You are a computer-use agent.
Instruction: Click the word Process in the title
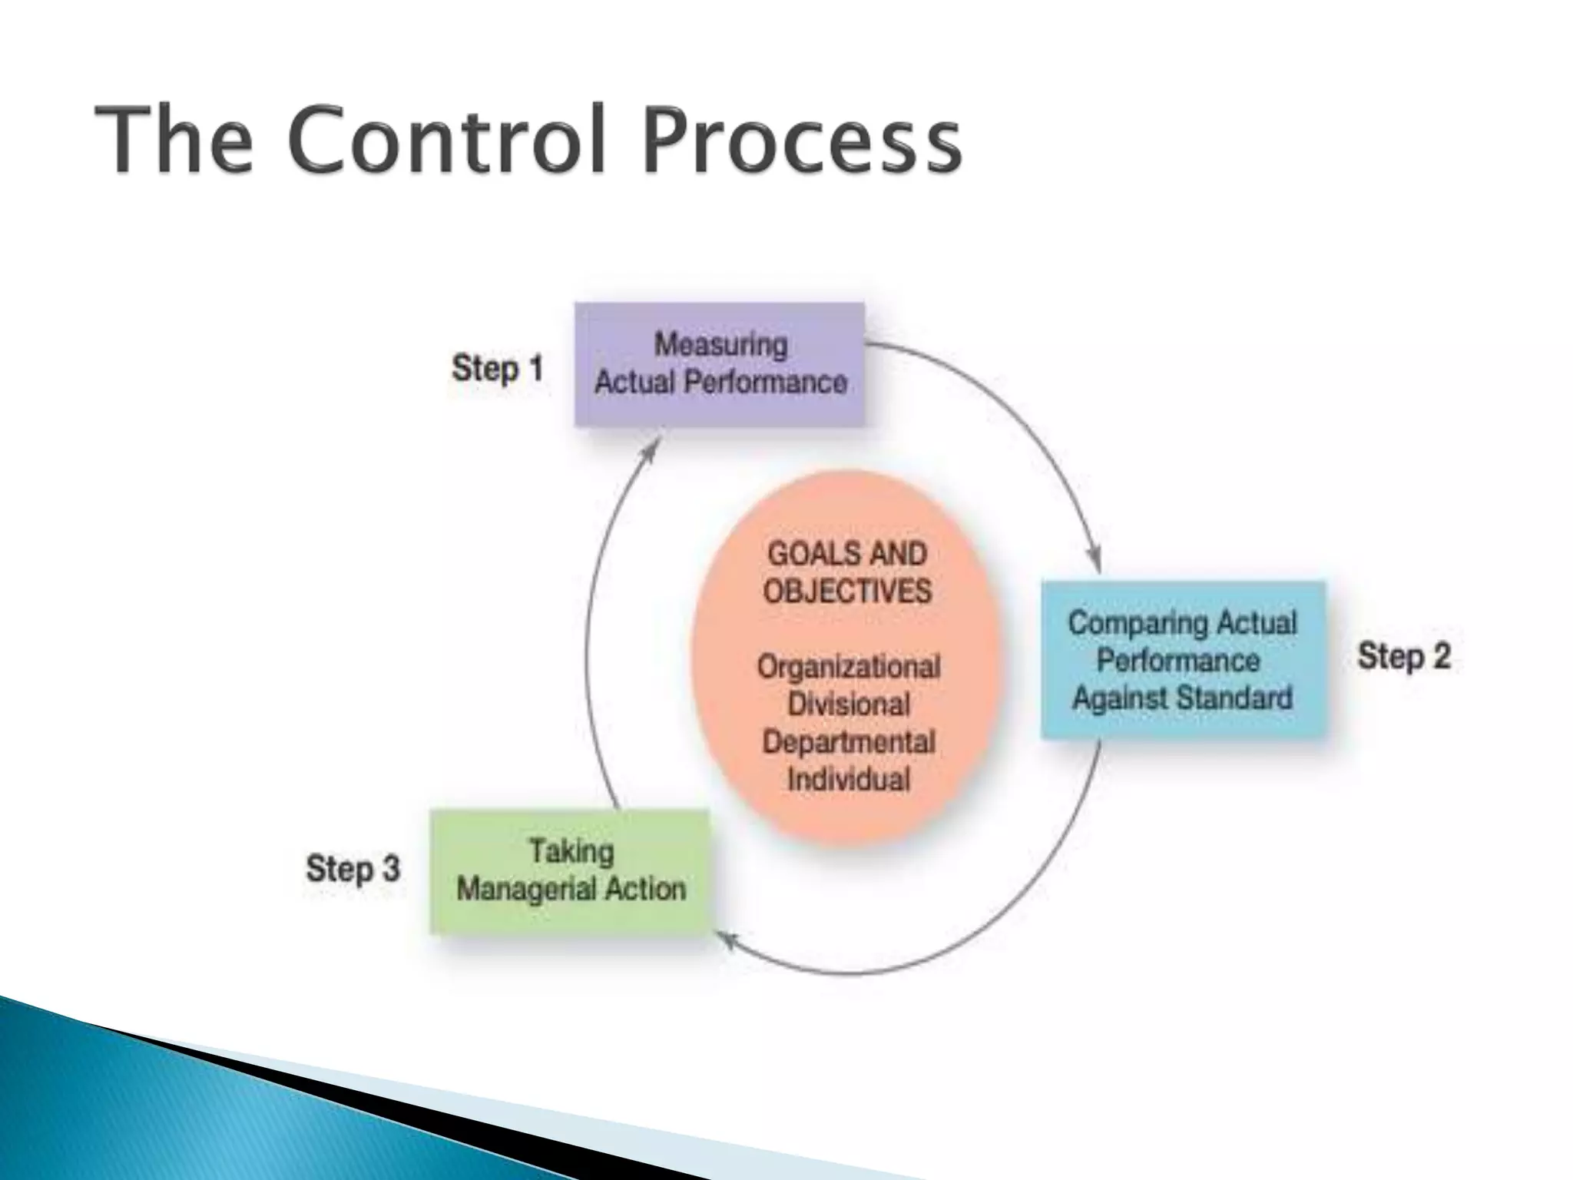(801, 141)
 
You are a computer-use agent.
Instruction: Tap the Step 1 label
(497, 368)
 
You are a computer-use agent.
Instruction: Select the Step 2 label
(1404, 656)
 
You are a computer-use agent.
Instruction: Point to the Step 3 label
(353, 869)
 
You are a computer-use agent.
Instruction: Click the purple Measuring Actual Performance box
(720, 364)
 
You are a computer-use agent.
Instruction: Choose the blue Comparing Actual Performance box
(1183, 660)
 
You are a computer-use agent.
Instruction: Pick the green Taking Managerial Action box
(569, 871)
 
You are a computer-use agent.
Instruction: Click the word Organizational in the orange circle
(848, 667)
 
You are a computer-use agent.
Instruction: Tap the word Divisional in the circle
(848, 704)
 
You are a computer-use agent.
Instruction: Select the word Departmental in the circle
(848, 742)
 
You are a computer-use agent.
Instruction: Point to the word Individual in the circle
(848, 780)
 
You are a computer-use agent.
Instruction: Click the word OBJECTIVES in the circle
(847, 592)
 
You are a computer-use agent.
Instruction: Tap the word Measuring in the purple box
(720, 345)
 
